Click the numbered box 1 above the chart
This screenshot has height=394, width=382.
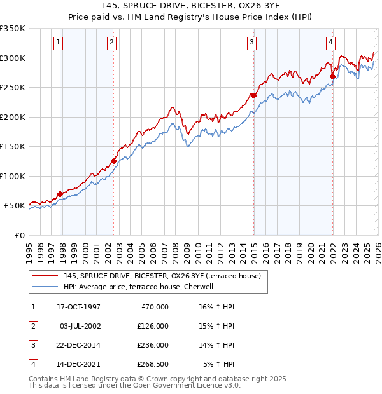(58, 43)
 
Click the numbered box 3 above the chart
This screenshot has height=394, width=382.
(252, 43)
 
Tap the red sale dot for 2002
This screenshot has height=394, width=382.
(113, 161)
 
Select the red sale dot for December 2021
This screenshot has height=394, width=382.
(332, 77)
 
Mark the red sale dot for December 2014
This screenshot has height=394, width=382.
(253, 96)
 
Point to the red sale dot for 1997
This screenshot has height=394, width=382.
(60, 194)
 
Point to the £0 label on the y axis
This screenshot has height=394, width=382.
(20, 235)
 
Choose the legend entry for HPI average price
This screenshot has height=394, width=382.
(138, 287)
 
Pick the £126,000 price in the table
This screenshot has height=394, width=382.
(153, 326)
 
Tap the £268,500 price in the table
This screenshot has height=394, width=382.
(153, 364)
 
